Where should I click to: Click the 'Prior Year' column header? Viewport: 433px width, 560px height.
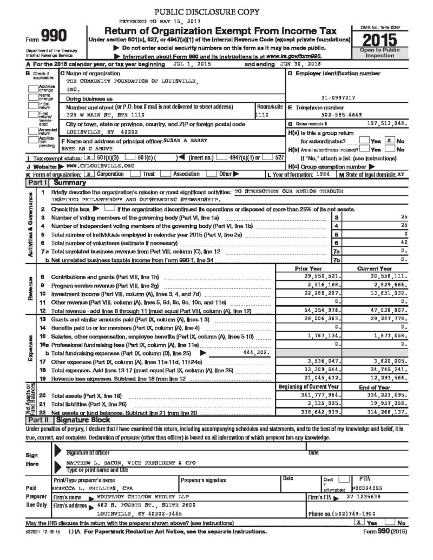309,268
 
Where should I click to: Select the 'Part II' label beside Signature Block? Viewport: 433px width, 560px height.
40,420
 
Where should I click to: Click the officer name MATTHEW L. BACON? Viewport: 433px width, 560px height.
90,464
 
